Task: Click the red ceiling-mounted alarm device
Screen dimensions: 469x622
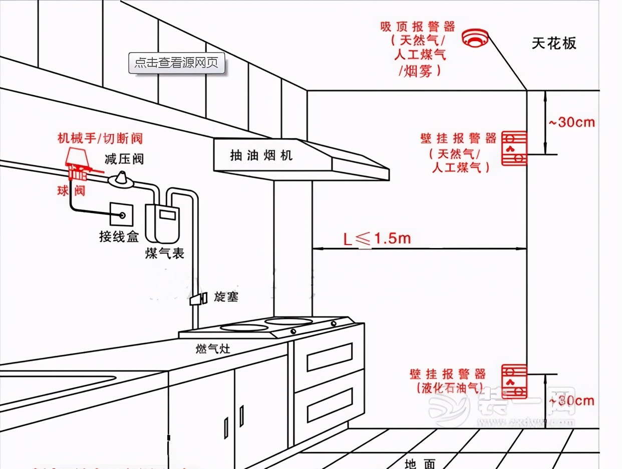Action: pyautogui.click(x=474, y=38)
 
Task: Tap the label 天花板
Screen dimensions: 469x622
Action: pyautogui.click(x=554, y=43)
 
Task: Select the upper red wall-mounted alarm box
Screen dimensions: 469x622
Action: pyautogui.click(x=514, y=148)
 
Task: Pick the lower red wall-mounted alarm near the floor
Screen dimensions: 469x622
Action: pyautogui.click(x=514, y=381)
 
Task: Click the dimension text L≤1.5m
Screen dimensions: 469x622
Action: pyautogui.click(x=377, y=239)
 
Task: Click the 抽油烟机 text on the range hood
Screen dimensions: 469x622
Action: pyautogui.click(x=261, y=155)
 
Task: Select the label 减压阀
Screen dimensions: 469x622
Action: pyautogui.click(x=124, y=159)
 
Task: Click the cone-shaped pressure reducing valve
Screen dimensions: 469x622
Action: pyautogui.click(x=122, y=179)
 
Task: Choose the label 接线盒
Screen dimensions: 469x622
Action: pyautogui.click(x=119, y=237)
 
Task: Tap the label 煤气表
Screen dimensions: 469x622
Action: pyautogui.click(x=165, y=253)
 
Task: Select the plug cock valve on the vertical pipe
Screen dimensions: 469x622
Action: pyautogui.click(x=197, y=298)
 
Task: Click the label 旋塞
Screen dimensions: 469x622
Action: pyautogui.click(x=226, y=297)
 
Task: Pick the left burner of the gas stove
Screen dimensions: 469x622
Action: pyautogui.click(x=244, y=328)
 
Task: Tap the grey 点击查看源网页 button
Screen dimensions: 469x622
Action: pyautogui.click(x=177, y=63)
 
